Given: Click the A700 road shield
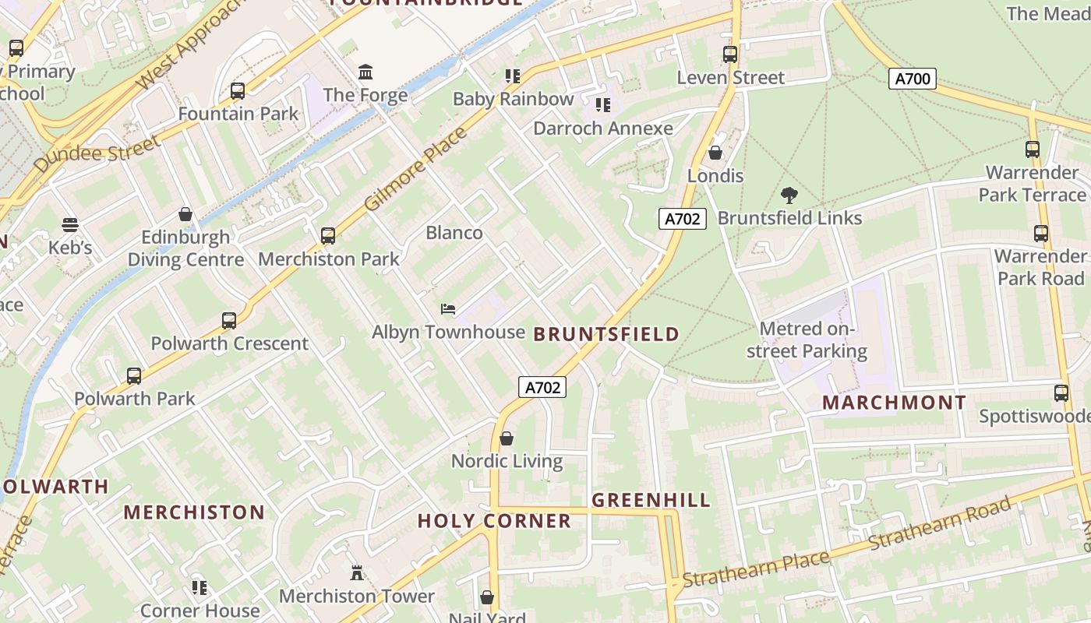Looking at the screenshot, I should [x=912, y=78].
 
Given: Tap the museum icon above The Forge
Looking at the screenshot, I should [x=365, y=72].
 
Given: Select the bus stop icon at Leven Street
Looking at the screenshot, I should [x=730, y=55].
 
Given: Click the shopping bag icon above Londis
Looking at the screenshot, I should [x=715, y=153].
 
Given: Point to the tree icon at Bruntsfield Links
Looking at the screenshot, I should [x=789, y=195].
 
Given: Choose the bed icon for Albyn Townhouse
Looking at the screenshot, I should [x=448, y=309].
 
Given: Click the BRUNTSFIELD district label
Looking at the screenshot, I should [x=606, y=335].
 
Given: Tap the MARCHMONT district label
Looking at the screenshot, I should [x=894, y=403].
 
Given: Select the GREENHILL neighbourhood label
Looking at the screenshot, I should [x=651, y=500].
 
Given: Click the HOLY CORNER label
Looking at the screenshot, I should [x=494, y=521].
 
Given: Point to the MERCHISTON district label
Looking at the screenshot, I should [x=194, y=512].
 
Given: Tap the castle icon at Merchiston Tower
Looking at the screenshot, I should [x=357, y=573].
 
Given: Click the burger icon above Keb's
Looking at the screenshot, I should [x=70, y=225].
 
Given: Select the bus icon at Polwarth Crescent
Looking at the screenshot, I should [x=229, y=321].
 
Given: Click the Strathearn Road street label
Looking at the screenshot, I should [x=943, y=523].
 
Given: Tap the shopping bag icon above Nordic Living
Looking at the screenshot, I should [x=507, y=438].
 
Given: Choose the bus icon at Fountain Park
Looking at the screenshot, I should [x=238, y=91].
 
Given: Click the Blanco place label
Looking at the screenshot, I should [x=454, y=233].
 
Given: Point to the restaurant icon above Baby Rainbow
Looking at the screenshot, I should [x=512, y=76].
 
